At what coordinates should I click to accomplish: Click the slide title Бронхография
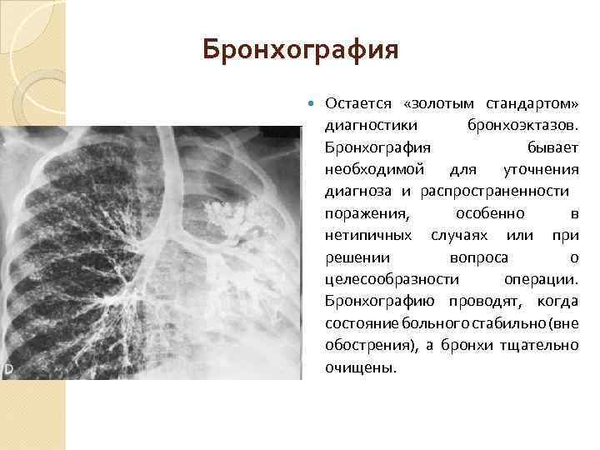[x=301, y=52]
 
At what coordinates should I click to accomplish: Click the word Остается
[x=355, y=103]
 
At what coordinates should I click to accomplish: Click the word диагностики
[x=362, y=125]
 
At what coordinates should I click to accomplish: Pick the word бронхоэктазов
[x=517, y=125]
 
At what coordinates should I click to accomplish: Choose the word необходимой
[x=371, y=169]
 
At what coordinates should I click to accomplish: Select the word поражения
[x=360, y=213]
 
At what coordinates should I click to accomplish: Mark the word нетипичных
[x=364, y=235]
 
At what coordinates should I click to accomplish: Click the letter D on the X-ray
[x=8, y=368]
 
